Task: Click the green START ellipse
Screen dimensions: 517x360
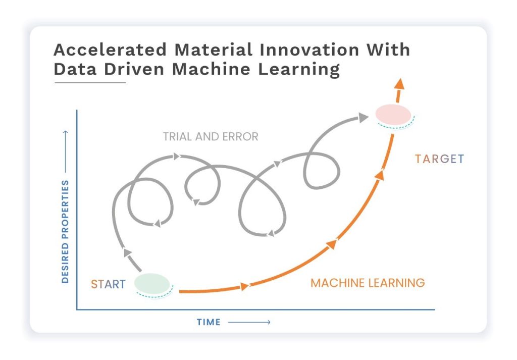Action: click(x=152, y=284)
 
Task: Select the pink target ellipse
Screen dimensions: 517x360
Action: click(x=393, y=115)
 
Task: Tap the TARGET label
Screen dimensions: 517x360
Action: click(x=440, y=159)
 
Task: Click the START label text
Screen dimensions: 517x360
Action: click(x=108, y=284)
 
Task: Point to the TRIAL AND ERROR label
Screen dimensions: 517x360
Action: click(x=211, y=136)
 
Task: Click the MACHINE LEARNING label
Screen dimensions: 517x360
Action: click(x=368, y=283)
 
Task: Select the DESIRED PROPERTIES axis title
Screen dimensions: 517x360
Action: click(x=65, y=231)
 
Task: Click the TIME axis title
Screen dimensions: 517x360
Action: click(x=209, y=322)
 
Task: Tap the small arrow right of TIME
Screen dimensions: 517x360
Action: click(x=249, y=322)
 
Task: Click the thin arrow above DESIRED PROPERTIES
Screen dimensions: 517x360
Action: click(x=66, y=151)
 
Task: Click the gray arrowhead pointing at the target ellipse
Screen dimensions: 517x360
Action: click(x=364, y=117)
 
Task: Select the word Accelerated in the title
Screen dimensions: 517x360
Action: click(x=110, y=50)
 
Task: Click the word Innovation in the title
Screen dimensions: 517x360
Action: click(x=309, y=50)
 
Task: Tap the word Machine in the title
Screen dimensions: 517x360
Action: click(x=211, y=69)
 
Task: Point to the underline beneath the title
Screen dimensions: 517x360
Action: click(x=90, y=82)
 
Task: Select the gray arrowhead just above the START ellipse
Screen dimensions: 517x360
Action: click(x=128, y=253)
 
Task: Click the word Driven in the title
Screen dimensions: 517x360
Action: click(x=134, y=69)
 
